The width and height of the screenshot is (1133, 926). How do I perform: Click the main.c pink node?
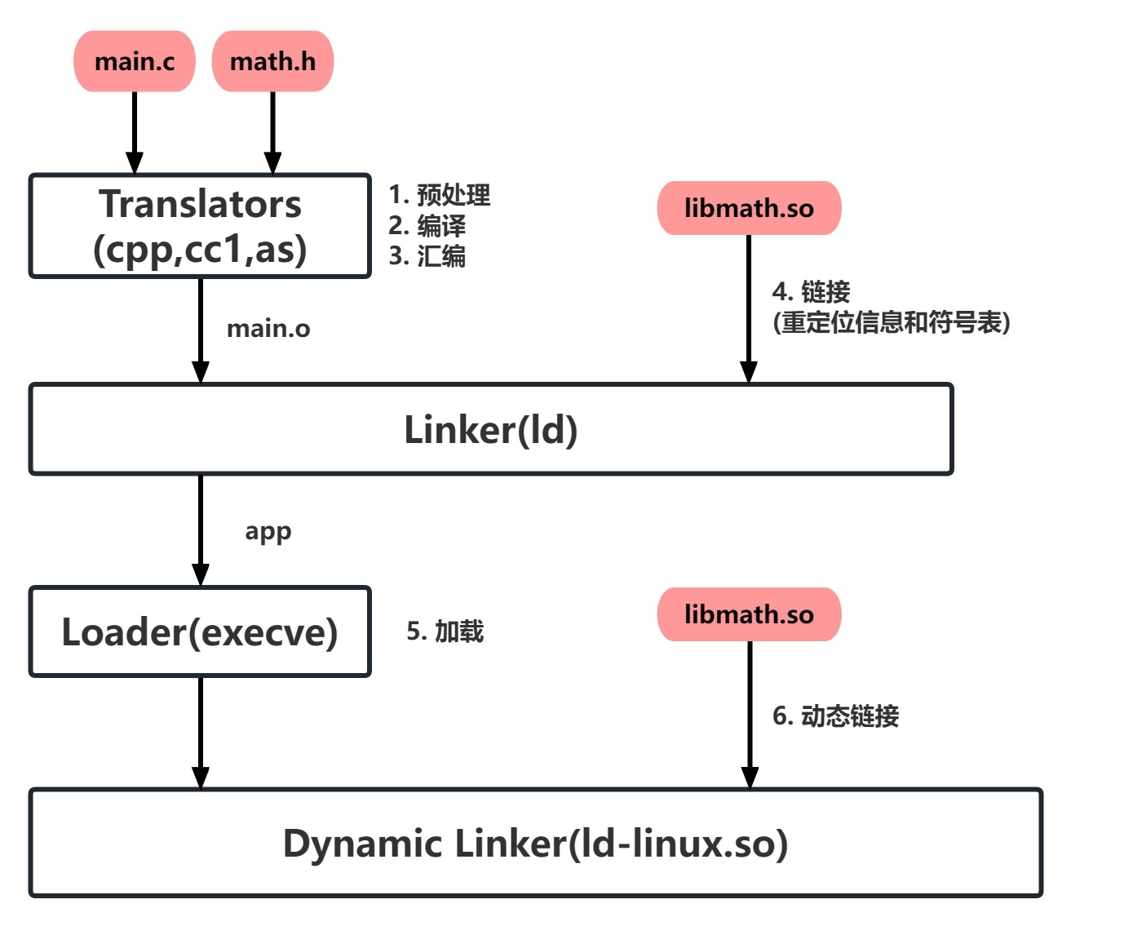point(135,61)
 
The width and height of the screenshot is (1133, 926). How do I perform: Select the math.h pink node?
point(272,61)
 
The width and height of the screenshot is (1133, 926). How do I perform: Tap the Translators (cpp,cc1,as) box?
point(200,226)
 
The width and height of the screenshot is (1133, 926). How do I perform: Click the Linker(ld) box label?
point(491,430)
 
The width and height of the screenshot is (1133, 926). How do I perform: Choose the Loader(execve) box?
point(200,632)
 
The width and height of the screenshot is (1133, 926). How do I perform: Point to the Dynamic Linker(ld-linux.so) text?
point(535,844)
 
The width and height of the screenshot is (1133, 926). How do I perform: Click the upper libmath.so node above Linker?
point(749,208)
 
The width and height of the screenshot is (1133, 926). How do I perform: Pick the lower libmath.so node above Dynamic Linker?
point(749,614)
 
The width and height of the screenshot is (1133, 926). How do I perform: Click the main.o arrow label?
point(268,329)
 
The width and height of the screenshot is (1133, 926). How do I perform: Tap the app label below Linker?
point(268,531)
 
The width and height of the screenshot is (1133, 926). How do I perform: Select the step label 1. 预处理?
point(440,195)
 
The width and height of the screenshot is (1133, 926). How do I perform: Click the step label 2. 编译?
point(427,226)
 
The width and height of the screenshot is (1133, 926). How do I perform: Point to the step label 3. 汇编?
point(427,256)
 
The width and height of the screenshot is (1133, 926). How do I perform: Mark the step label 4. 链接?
point(811,291)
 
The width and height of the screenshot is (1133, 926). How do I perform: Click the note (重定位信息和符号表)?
point(892,322)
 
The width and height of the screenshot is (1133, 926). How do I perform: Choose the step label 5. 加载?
point(445,631)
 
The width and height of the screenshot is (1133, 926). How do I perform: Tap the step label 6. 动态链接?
point(836,716)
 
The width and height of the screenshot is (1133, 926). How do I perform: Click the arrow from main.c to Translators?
point(135,131)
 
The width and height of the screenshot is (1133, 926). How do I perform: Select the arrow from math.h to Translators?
point(272,131)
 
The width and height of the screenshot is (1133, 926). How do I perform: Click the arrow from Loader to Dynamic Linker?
point(201,730)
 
